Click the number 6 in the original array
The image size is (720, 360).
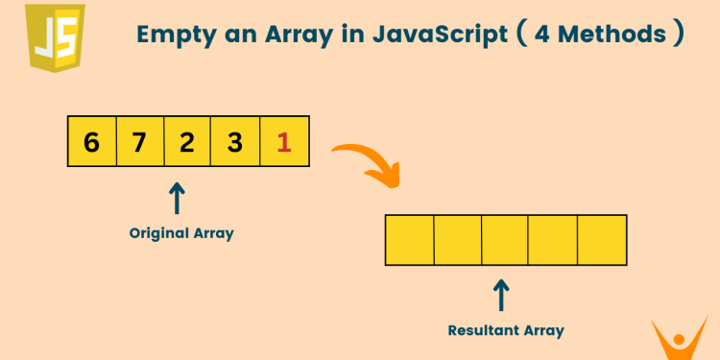click(x=91, y=142)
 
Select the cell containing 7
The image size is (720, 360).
click(x=139, y=142)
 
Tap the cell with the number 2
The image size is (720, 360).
click(x=187, y=142)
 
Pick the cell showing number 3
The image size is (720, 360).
click(x=235, y=142)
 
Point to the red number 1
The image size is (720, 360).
click(x=283, y=142)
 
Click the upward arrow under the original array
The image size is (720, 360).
click(x=177, y=199)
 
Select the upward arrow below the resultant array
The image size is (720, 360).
click(x=500, y=295)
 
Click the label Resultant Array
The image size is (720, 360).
click(x=506, y=330)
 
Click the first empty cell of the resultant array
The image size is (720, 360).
click(x=410, y=240)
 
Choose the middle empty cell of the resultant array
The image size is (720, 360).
click(x=506, y=240)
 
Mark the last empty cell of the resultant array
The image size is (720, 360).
click(x=602, y=240)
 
